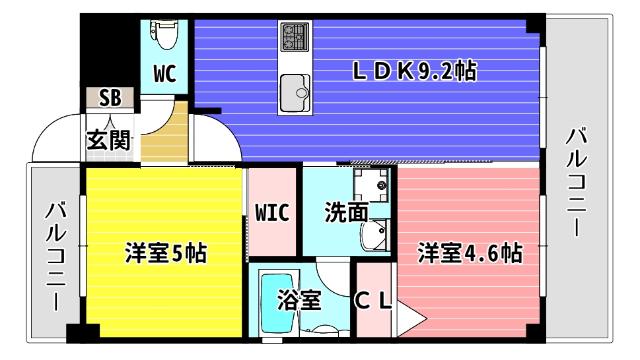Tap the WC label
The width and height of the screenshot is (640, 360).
[x=166, y=73]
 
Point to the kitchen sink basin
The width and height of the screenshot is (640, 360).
[x=297, y=91]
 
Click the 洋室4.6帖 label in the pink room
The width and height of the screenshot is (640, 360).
[x=469, y=252]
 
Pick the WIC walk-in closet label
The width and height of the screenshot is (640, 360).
[x=271, y=213]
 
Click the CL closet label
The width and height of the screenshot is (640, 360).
[x=376, y=301]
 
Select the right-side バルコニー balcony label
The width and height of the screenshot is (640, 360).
[x=578, y=180]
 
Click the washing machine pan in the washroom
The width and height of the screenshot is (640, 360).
[x=373, y=187]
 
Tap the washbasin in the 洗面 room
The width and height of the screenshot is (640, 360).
[x=377, y=236]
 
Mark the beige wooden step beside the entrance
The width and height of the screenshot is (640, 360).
[x=162, y=134]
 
